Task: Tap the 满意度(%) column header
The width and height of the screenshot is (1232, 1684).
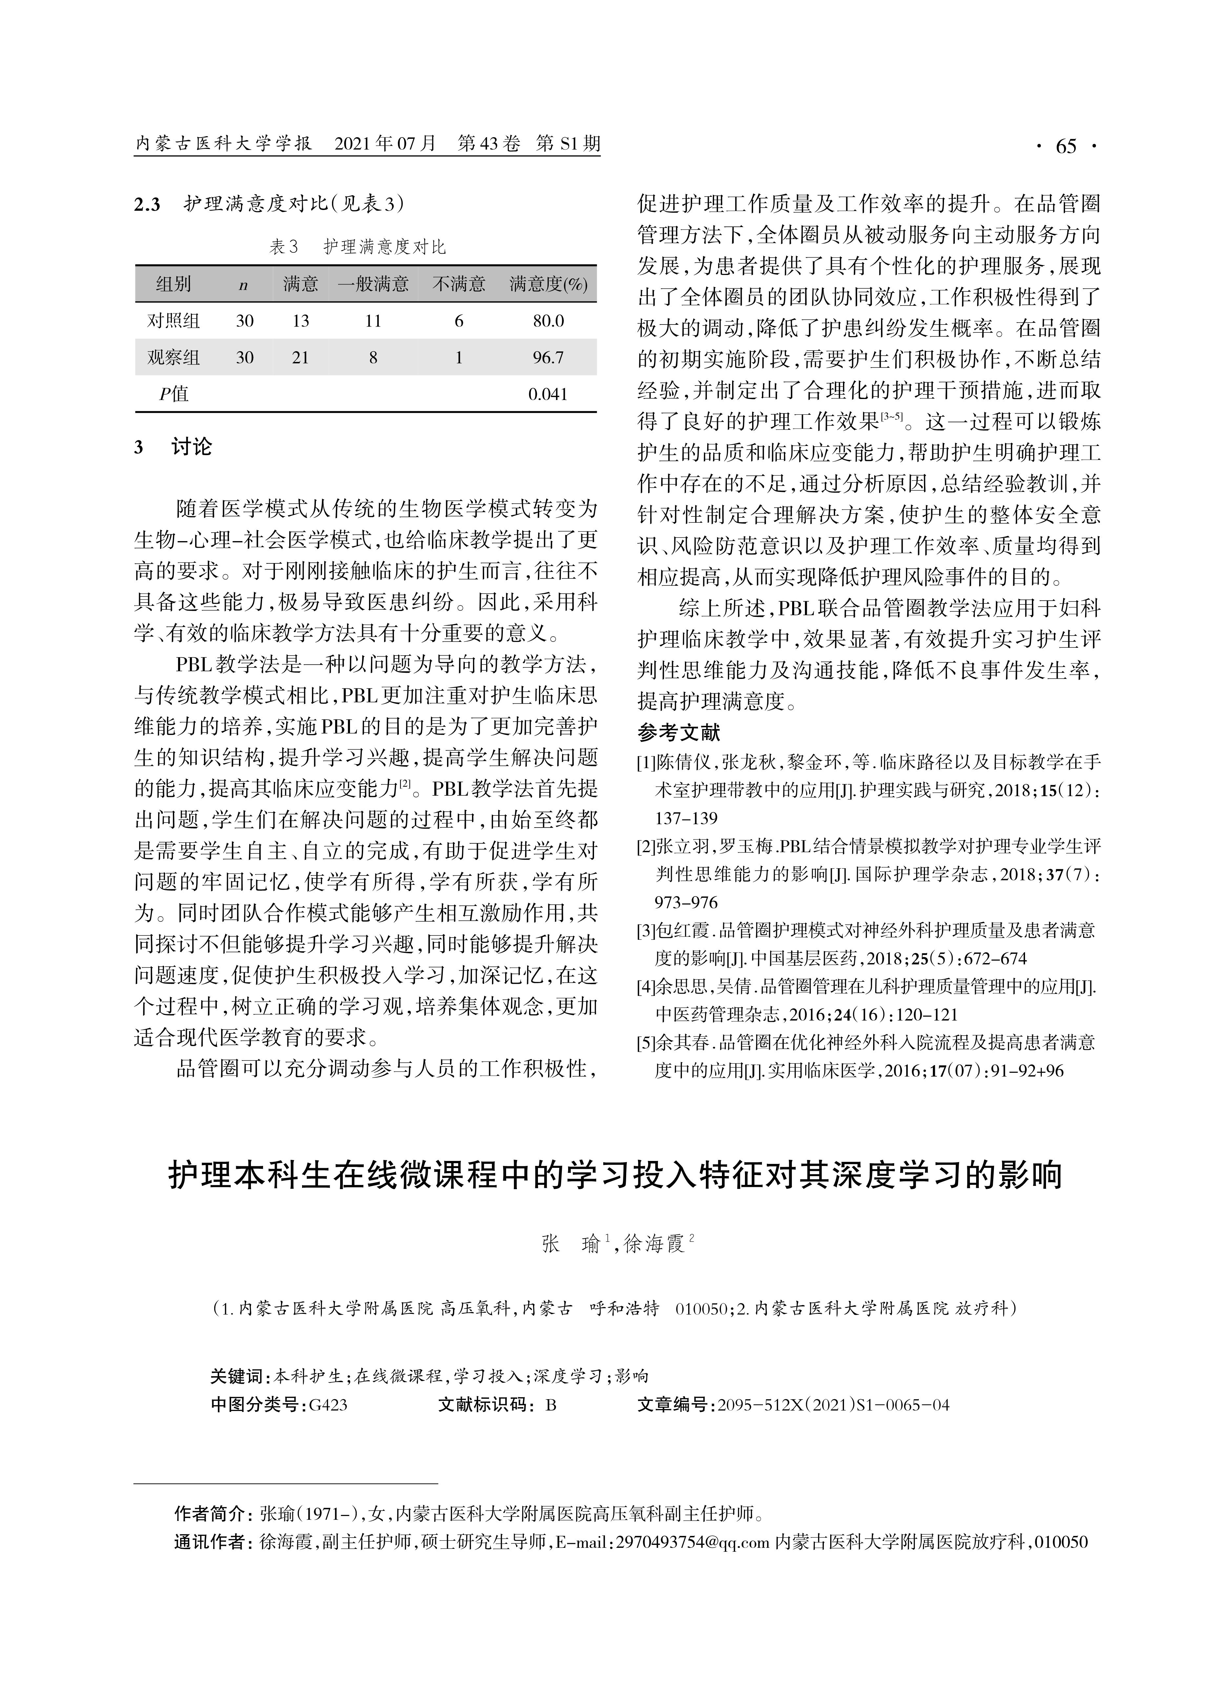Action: click(548, 284)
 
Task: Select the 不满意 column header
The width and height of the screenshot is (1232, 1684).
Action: click(459, 284)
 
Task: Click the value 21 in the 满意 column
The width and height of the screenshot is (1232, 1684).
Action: click(300, 357)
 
